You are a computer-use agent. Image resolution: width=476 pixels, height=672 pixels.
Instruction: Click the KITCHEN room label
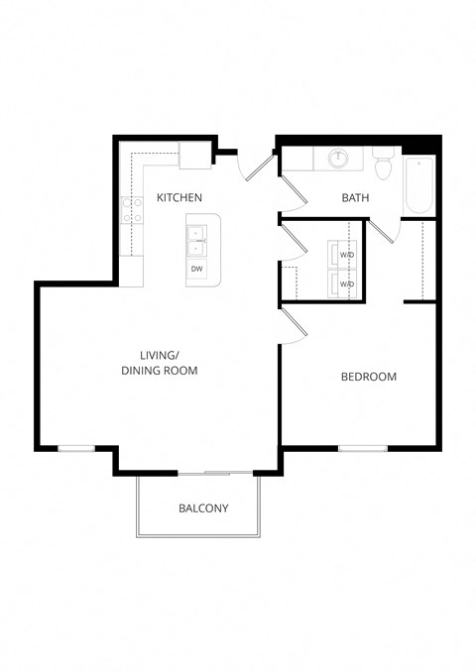(179, 198)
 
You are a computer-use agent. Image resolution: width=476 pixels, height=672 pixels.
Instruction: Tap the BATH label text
(355, 198)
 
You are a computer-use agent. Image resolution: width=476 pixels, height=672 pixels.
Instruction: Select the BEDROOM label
(369, 377)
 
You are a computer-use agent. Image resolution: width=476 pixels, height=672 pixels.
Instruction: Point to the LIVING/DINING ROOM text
(160, 363)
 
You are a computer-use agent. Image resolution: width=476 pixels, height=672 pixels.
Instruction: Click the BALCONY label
(203, 508)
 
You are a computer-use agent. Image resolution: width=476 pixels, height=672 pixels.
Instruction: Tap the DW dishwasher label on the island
(196, 269)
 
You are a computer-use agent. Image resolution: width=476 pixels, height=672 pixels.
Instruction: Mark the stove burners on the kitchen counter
(130, 208)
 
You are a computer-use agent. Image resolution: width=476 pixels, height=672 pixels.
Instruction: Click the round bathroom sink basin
(338, 157)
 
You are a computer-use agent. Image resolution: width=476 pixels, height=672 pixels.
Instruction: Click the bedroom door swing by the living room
(293, 323)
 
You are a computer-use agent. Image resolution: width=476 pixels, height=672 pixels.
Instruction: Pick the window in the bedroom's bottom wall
(362, 449)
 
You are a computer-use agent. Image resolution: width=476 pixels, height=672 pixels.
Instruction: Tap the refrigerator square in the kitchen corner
(192, 155)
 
